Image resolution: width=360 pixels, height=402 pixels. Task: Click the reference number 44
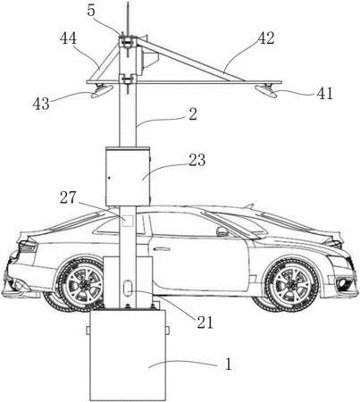pyautogui.click(x=68, y=39)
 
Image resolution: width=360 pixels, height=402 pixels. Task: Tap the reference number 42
pyautogui.click(x=266, y=38)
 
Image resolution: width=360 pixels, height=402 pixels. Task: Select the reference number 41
pyautogui.click(x=324, y=94)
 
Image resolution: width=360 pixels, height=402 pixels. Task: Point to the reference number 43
pyautogui.click(x=41, y=104)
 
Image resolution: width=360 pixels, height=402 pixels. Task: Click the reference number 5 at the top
pyautogui.click(x=91, y=11)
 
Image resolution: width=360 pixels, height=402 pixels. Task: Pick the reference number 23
pyautogui.click(x=197, y=160)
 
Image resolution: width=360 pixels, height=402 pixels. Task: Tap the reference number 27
pyautogui.click(x=68, y=198)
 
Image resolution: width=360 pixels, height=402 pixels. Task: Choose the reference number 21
pyautogui.click(x=205, y=322)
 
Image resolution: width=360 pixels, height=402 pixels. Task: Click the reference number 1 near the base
pyautogui.click(x=228, y=364)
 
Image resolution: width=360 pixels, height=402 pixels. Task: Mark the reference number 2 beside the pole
pyautogui.click(x=193, y=114)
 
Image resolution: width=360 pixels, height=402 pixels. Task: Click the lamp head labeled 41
pyautogui.click(x=267, y=90)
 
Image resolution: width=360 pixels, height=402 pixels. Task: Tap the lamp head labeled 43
pyautogui.click(x=102, y=91)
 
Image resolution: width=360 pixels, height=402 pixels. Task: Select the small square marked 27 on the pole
pyautogui.click(x=129, y=221)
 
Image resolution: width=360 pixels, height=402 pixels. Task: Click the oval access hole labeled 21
pyautogui.click(x=128, y=288)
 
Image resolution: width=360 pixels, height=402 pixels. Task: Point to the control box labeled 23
pyautogui.click(x=128, y=176)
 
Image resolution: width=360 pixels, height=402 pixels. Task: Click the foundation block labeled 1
pyautogui.click(x=128, y=355)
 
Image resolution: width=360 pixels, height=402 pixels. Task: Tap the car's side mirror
pyautogui.click(x=222, y=231)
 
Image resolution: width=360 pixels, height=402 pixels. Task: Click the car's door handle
pyautogui.click(x=160, y=248)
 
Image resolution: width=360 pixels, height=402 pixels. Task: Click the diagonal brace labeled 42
pyautogui.click(x=190, y=59)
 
